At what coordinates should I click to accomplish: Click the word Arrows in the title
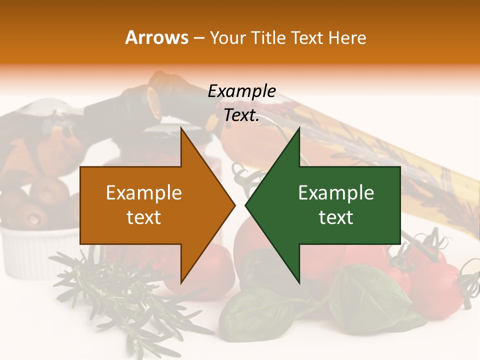(157, 37)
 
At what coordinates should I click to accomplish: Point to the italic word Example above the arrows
(241, 91)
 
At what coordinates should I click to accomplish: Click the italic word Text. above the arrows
(241, 115)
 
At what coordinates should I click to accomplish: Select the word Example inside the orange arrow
(144, 193)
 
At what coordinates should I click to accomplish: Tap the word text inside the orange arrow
(144, 217)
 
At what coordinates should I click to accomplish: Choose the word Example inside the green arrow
(336, 193)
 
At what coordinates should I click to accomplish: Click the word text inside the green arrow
(336, 217)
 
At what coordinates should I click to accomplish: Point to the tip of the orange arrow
(234, 205)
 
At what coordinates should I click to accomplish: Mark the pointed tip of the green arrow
(246, 205)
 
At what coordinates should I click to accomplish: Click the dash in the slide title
(198, 38)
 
